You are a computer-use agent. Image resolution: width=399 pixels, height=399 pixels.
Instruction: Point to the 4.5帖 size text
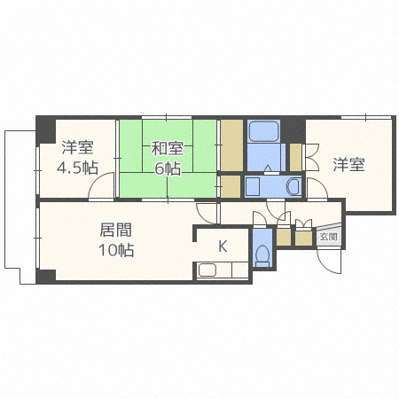(x=78, y=168)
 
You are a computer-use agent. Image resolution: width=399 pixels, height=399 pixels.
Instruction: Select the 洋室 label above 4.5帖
(x=78, y=148)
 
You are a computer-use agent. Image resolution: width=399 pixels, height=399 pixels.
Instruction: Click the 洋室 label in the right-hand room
(x=348, y=164)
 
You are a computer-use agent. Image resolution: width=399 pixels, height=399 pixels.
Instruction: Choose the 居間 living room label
(x=115, y=230)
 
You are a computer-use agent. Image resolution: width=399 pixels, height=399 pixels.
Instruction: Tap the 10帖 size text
(x=115, y=250)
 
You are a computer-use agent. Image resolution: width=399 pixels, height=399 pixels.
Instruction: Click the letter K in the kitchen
(x=223, y=246)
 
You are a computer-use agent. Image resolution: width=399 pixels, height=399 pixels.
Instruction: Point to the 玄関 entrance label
(x=328, y=237)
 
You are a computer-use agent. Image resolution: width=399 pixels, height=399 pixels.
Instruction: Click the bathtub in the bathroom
(x=263, y=132)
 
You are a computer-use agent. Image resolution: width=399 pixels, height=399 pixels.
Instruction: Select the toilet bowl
(x=262, y=254)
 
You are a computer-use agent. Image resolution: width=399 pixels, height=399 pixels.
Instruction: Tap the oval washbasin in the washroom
(x=293, y=187)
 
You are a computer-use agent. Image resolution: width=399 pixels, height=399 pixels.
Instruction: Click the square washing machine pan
(x=252, y=187)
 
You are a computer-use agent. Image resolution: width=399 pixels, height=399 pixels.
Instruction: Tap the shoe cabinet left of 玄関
(x=303, y=237)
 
